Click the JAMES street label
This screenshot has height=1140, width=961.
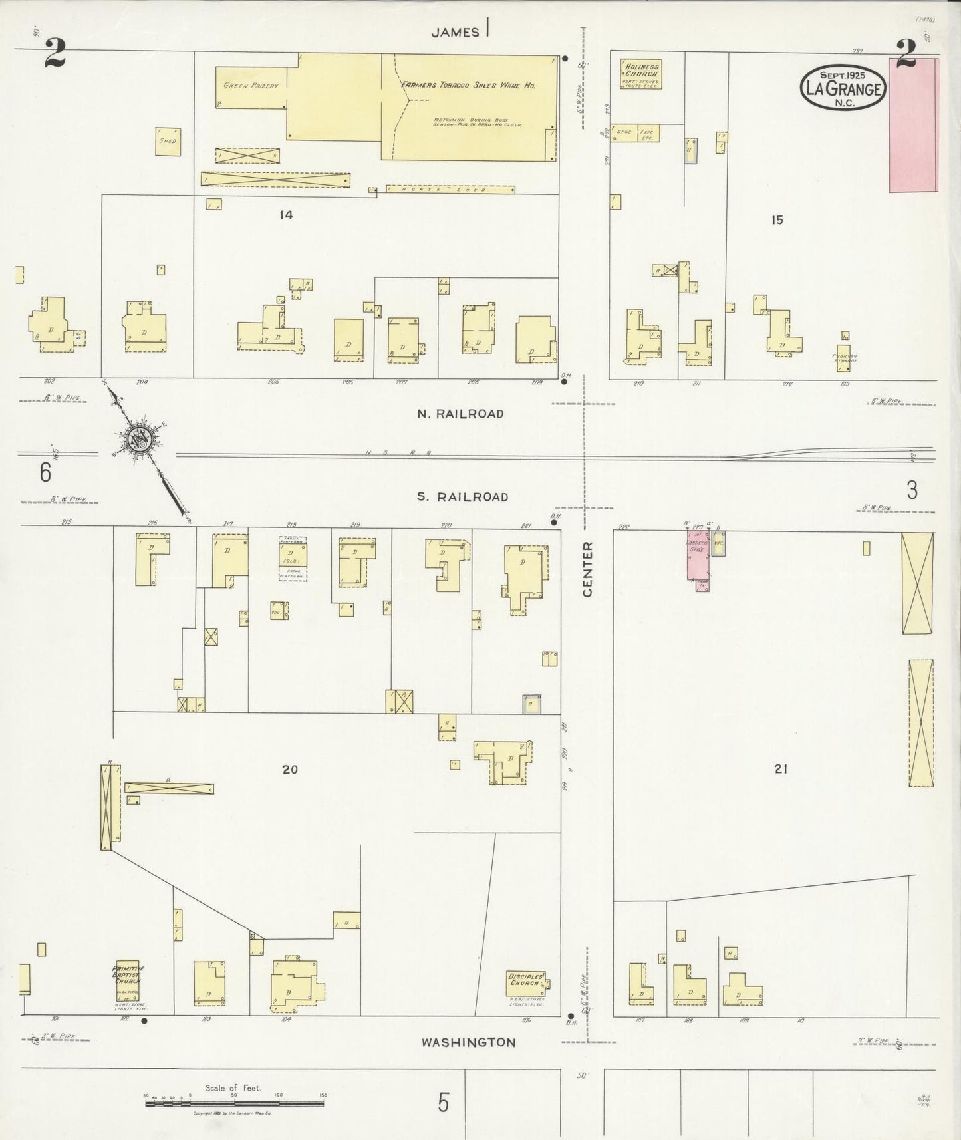[455, 32]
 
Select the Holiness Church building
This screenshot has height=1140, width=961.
[640, 74]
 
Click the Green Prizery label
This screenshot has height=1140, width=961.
[251, 86]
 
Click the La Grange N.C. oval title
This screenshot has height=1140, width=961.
[843, 88]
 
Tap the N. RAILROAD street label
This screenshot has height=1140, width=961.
[460, 414]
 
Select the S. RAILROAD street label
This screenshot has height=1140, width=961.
[463, 497]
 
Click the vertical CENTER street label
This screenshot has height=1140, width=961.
[587, 569]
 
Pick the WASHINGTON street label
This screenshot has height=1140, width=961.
[468, 1042]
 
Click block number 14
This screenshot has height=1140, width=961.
[286, 215]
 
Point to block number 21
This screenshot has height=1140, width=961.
[781, 769]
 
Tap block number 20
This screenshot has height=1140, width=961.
[290, 770]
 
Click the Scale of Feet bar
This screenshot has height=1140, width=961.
[234, 1103]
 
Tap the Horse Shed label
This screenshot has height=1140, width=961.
[450, 190]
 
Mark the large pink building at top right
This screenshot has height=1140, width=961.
[912, 125]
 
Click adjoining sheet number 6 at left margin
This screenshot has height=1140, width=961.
[45, 472]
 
